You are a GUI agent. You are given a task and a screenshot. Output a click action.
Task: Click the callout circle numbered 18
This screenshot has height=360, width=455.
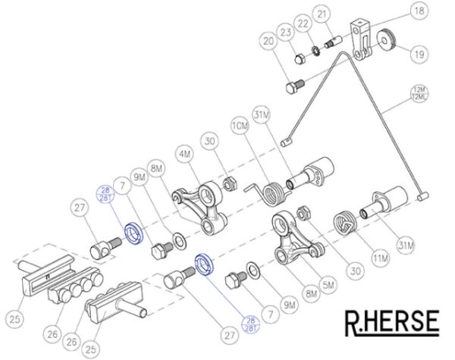pyautogui.click(x=418, y=11)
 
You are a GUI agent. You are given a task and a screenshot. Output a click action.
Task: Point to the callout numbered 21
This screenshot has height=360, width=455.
pyautogui.click(x=322, y=15)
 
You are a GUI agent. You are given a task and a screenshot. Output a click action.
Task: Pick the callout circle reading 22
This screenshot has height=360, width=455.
pyautogui.click(x=303, y=26)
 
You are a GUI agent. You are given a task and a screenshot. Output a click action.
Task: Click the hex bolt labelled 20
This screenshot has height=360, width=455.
pyautogui.click(x=295, y=86)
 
